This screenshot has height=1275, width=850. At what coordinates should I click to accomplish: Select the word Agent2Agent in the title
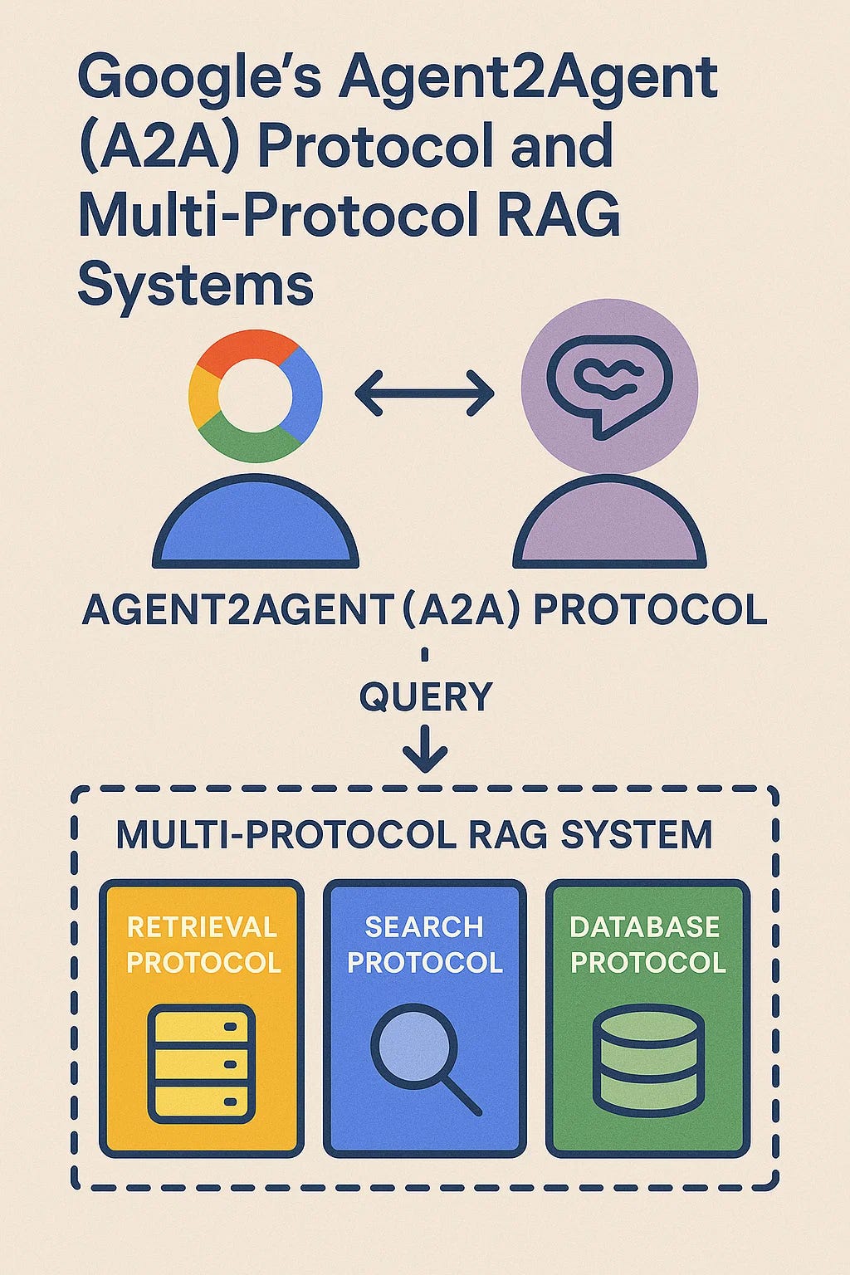pyautogui.click(x=529, y=77)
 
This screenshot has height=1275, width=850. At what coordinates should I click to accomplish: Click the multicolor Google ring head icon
pyautogui.click(x=255, y=395)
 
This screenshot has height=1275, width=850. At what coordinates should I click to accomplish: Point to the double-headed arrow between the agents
pyautogui.click(x=424, y=393)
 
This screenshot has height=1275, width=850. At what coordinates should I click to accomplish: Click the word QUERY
pyautogui.click(x=425, y=696)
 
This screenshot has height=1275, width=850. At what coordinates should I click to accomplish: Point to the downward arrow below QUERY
pyautogui.click(x=425, y=749)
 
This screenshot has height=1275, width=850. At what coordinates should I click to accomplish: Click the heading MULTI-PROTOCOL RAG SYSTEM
pyautogui.click(x=413, y=834)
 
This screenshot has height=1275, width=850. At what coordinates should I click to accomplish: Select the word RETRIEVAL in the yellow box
pyautogui.click(x=202, y=926)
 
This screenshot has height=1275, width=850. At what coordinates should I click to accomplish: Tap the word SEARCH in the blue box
pyautogui.click(x=423, y=926)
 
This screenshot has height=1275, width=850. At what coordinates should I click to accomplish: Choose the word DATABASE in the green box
pyautogui.click(x=645, y=926)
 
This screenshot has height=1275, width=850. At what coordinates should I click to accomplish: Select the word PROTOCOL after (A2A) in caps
pyautogui.click(x=649, y=611)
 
